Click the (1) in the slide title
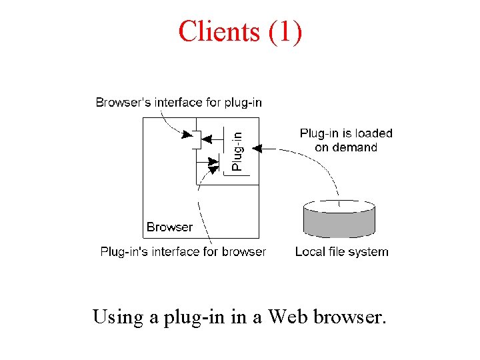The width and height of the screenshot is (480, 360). tap(285, 31)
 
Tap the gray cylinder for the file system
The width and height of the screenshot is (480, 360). tap(339, 219)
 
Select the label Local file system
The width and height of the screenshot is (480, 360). tap(341, 252)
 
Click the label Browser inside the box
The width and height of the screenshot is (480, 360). tap(169, 227)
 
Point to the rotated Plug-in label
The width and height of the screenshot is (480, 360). tap(237, 150)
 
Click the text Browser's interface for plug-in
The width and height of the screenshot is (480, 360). tap(179, 103)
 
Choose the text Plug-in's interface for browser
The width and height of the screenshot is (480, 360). tap(183, 252)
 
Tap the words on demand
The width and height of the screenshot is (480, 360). tap(346, 147)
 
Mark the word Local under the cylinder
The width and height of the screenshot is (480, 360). tap(310, 252)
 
